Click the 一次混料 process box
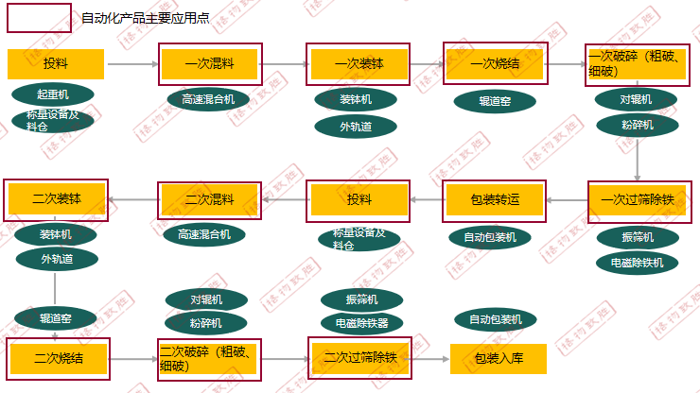pyautogui.click(x=210, y=64)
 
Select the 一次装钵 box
pyautogui.click(x=358, y=64)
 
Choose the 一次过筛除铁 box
pyautogui.click(x=637, y=199)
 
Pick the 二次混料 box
pyautogui.click(x=210, y=199)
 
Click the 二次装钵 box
pyautogui.click(x=57, y=199)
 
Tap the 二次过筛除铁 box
pyautogui.click(x=359, y=358)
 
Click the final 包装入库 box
pyautogui.click(x=499, y=358)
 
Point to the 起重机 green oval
pyautogui.click(x=53, y=94)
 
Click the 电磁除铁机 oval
pyautogui.click(x=638, y=263)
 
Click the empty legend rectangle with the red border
pyautogui.click(x=39, y=18)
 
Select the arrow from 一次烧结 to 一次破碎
pyautogui.click(x=566, y=64)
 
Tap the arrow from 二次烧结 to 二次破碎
pyautogui.click(x=132, y=359)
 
